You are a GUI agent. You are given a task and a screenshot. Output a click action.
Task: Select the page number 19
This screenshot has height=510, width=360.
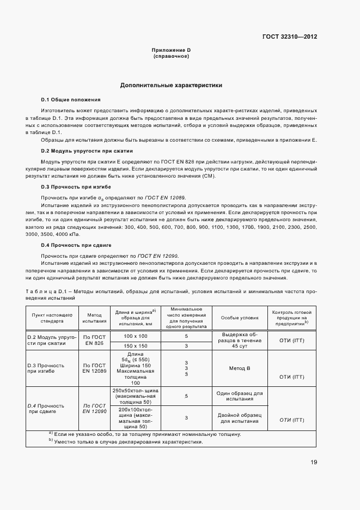(x=314, y=462)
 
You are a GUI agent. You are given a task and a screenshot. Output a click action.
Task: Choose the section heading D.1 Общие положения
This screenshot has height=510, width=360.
(x=71, y=100)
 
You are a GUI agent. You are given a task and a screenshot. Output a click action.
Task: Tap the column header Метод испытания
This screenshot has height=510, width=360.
(x=94, y=318)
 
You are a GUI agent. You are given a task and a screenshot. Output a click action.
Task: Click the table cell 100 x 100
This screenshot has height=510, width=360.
(x=136, y=337)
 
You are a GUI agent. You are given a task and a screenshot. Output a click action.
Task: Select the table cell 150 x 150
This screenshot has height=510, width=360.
(x=136, y=345)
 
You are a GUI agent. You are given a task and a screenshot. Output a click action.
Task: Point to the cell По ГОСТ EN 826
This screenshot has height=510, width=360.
(x=94, y=341)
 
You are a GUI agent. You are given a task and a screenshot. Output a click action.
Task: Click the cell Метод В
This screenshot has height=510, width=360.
(x=240, y=368)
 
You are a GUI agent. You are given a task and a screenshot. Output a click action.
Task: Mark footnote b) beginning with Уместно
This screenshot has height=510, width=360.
(x=125, y=441)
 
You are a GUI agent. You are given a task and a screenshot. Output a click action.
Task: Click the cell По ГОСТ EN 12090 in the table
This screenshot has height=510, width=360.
(x=94, y=409)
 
